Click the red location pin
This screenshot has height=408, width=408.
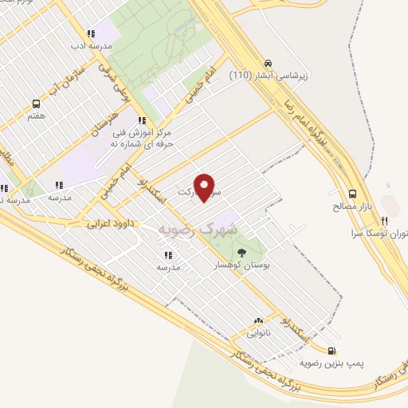(206, 186)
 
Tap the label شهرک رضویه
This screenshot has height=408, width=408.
(199, 229)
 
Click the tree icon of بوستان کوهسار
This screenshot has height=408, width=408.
(242, 253)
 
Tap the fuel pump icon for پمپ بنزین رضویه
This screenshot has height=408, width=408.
(331, 351)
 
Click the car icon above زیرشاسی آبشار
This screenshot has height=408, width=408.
(269, 64)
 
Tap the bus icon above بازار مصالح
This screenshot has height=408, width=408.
(352, 193)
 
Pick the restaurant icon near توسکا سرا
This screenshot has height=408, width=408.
(385, 221)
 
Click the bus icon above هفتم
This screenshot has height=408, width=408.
(36, 104)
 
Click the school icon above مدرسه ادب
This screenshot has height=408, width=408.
(91, 34)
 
